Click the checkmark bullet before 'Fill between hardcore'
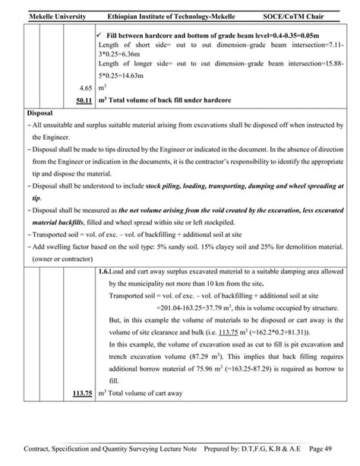click(102, 35)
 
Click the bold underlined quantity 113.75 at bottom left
click(79, 393)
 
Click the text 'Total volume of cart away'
click(145, 393)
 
